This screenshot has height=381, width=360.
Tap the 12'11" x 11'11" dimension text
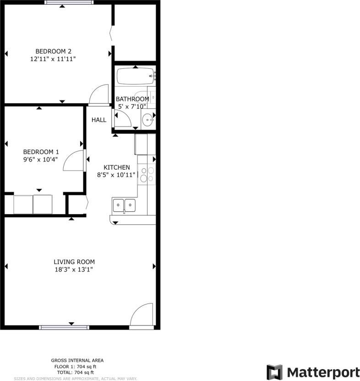coord(53,59)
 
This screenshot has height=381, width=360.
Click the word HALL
coord(99,120)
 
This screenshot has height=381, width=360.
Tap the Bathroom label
coord(132,99)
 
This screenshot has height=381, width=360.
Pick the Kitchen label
coord(116,167)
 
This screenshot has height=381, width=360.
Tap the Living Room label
coord(74,262)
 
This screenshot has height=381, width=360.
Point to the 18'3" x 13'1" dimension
coord(74,270)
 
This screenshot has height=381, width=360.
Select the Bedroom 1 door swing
coord(73,160)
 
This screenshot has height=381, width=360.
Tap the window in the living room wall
coord(64,327)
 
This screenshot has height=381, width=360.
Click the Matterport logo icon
coord(274,372)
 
